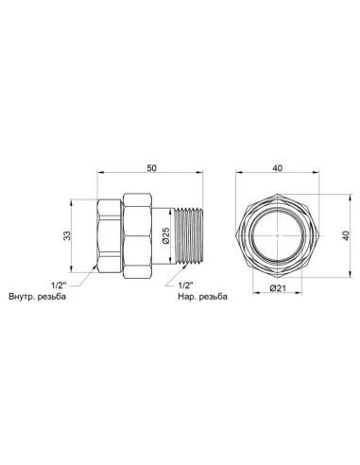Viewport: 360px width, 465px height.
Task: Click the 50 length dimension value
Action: coord(151,168)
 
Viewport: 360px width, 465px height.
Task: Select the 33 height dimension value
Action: coord(67,235)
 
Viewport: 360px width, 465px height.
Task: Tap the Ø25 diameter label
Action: coord(165,235)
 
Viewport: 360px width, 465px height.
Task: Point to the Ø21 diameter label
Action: coord(278,288)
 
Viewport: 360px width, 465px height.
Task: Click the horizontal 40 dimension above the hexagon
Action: coord(278,168)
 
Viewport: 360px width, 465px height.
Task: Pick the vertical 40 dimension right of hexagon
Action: coord(346,235)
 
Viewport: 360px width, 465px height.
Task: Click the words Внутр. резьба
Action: coord(38,297)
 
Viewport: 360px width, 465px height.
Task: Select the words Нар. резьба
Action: coord(202,297)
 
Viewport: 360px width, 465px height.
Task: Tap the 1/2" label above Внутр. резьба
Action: coord(60,285)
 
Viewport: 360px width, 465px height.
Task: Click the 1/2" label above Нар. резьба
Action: coord(185,285)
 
